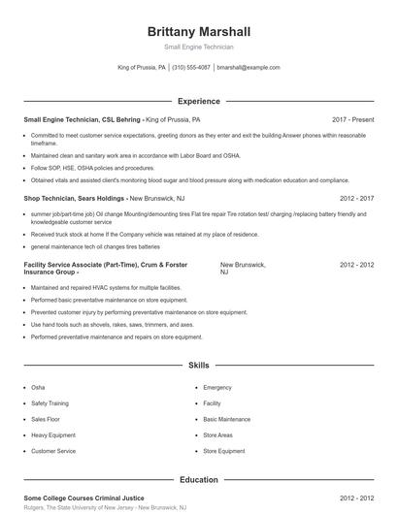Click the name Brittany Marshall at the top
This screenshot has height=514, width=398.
tap(198, 31)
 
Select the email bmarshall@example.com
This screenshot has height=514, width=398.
tap(249, 68)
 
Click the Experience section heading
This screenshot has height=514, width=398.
tap(198, 101)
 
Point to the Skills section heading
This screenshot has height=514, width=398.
tap(198, 366)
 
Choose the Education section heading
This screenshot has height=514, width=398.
tap(198, 479)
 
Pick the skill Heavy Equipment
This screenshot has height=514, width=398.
tap(54, 434)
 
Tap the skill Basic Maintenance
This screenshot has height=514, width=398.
tap(226, 419)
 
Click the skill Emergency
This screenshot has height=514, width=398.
tap(217, 387)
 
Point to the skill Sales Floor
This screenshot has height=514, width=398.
tap(47, 419)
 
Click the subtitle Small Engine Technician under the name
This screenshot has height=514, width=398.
tap(198, 47)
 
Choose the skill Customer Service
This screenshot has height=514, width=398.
tap(53, 451)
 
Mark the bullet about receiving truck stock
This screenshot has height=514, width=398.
tap(131, 234)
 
